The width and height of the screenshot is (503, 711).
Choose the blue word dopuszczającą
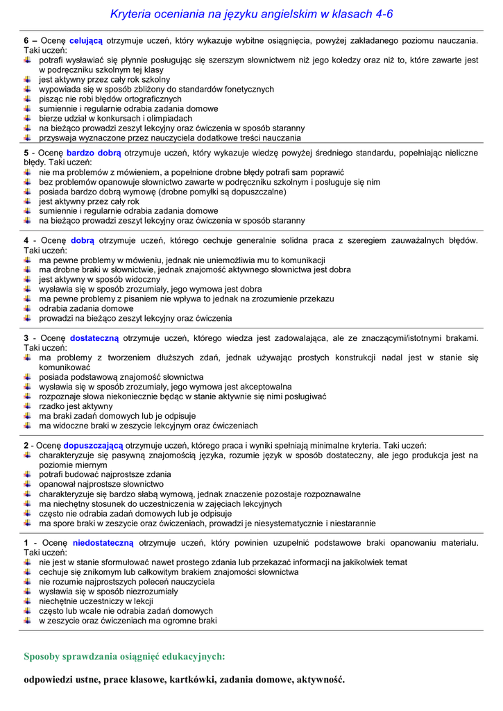[93, 445]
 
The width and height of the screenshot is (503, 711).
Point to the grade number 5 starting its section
[26, 153]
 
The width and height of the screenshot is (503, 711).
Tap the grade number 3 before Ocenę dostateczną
[26, 338]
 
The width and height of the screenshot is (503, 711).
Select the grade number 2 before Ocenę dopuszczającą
[26, 445]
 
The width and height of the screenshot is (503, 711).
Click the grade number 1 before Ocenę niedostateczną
[26, 542]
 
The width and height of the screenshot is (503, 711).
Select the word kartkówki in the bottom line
[188, 680]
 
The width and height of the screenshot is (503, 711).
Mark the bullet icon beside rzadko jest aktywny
[27, 405]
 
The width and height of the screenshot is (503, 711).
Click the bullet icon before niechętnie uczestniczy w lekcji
[27, 601]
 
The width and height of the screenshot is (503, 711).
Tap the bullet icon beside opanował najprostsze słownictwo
[27, 484]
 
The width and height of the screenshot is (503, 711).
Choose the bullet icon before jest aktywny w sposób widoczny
[27, 279]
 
